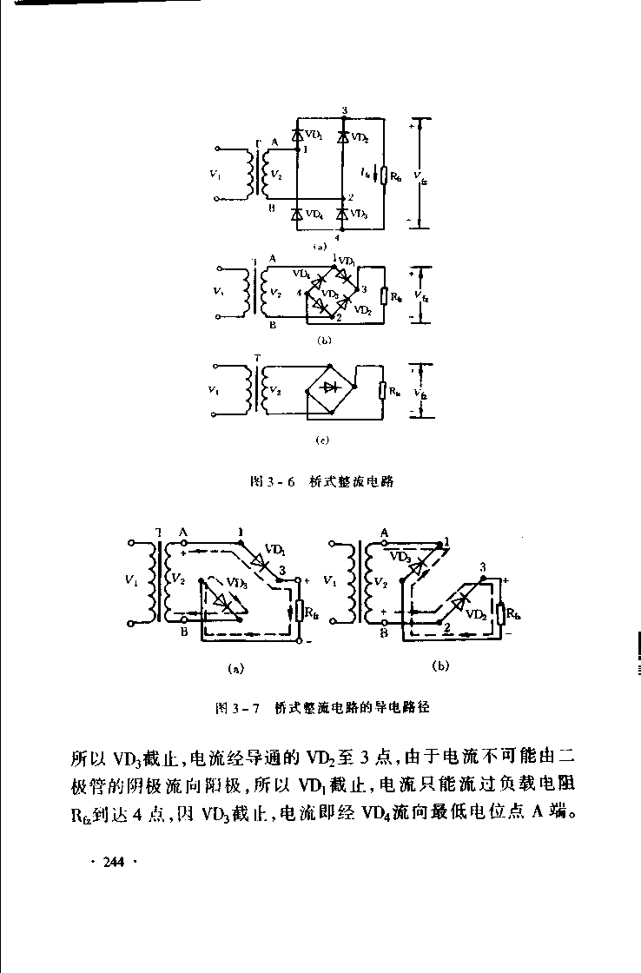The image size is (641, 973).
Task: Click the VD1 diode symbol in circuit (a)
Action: tap(297, 136)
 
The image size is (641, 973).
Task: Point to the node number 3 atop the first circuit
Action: tap(345, 110)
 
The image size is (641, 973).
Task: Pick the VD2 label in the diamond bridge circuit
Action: tap(363, 309)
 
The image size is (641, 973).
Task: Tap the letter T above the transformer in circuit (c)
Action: tap(256, 358)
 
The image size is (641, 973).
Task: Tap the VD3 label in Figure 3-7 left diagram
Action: tap(235, 583)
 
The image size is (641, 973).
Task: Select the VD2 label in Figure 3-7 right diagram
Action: tap(474, 613)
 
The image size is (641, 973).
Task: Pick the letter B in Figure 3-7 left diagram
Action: tap(183, 632)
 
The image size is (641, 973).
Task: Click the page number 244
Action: tap(114, 862)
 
